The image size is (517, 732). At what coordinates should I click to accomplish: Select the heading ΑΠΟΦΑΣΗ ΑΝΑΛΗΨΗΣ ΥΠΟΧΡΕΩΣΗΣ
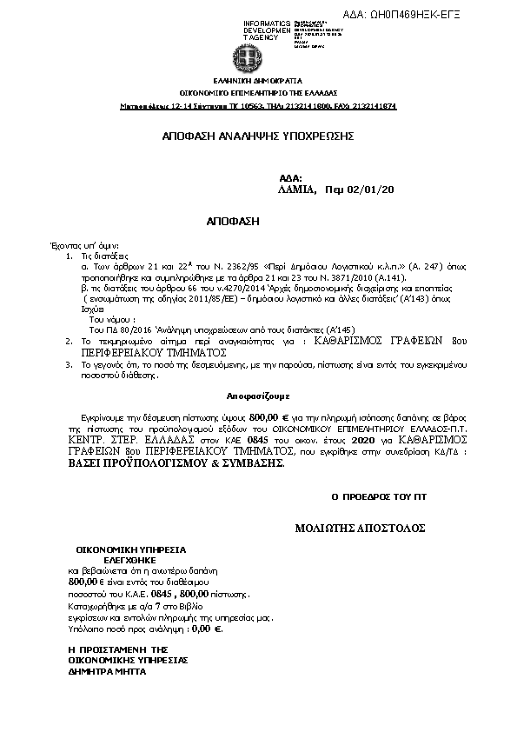258,136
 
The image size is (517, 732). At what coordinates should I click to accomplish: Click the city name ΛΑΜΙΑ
296,189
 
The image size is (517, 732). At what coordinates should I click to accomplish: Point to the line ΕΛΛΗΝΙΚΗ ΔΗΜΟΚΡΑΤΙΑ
257,79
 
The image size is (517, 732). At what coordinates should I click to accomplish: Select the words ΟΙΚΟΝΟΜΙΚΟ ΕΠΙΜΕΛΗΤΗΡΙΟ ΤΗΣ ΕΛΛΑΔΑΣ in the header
258,92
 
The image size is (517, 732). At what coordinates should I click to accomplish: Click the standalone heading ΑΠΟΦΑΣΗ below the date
234,222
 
